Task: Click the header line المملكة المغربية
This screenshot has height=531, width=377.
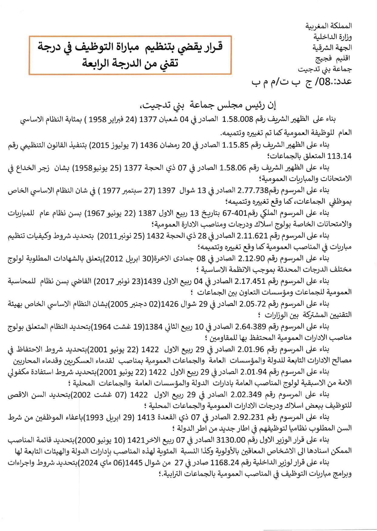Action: (328, 26)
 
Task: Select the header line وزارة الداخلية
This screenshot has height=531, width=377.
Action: (332, 37)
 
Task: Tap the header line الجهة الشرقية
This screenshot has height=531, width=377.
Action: (332, 48)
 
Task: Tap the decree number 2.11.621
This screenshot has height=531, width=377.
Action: (252, 236)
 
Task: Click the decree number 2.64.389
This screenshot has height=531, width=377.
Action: (251, 327)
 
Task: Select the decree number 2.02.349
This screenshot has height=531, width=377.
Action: (246, 394)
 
